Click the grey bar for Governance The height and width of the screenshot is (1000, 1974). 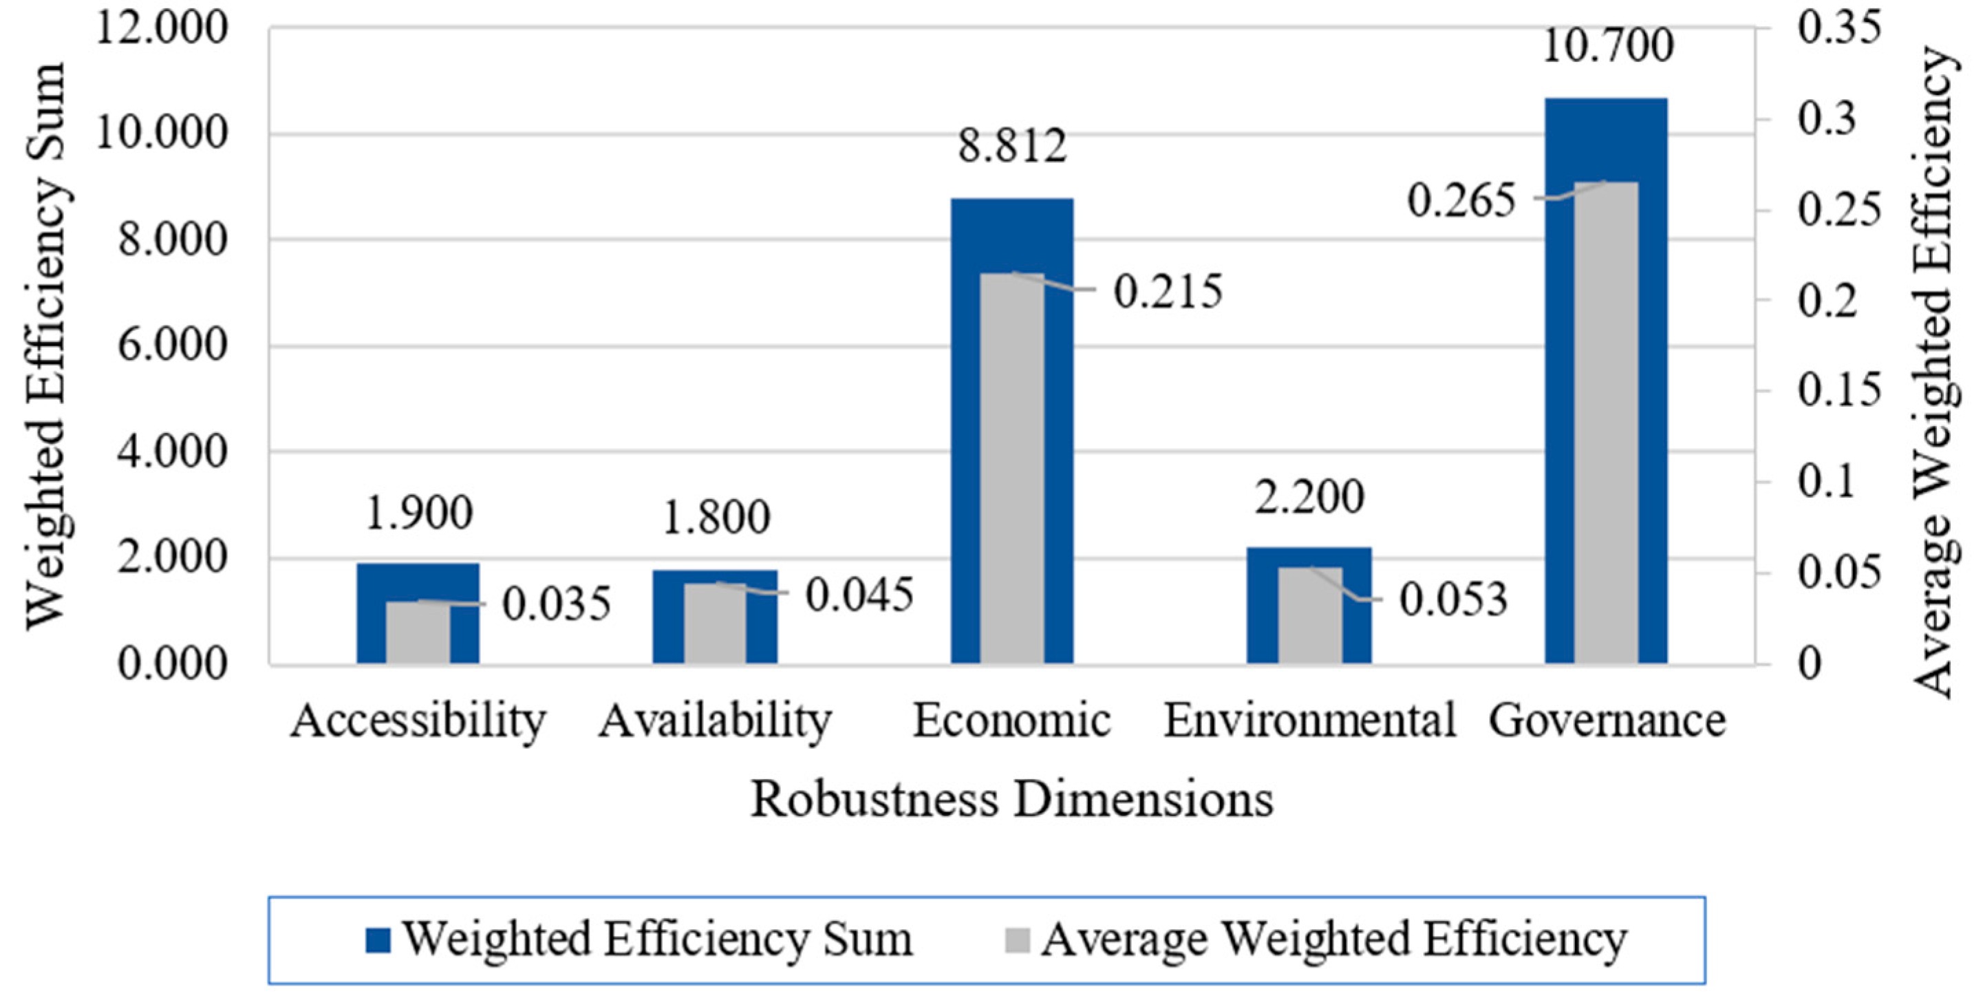pos(1605,421)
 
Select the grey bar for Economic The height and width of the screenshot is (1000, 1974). pos(1011,467)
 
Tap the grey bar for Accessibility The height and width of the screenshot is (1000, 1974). pos(418,632)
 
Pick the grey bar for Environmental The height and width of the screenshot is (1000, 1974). pos(1309,615)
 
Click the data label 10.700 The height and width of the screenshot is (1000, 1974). pos(1607,46)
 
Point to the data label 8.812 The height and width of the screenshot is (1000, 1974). pos(1011,146)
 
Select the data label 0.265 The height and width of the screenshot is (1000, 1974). pos(1461,202)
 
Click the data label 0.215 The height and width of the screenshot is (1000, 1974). pos(1167,292)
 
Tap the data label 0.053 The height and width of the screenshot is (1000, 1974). pos(1454,599)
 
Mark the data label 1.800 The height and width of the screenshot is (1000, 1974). pos(716,518)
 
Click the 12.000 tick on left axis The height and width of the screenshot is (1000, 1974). pos(162,29)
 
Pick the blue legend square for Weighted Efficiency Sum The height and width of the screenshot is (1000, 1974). pos(378,940)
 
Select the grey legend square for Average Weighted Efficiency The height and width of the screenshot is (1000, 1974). pos(1017,940)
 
